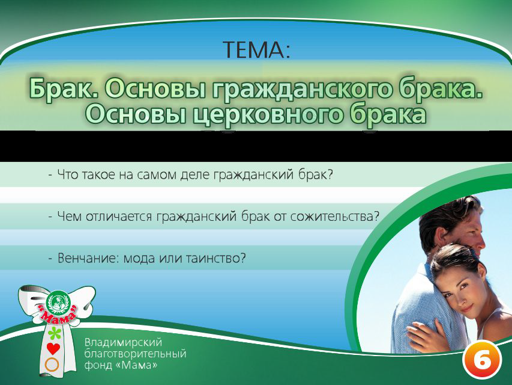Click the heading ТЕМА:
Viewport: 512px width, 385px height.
(256, 49)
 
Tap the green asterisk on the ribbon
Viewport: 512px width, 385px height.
(55, 332)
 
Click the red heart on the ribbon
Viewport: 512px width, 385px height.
(53, 348)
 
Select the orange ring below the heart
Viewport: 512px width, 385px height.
(53, 364)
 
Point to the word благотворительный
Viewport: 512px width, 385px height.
(135, 353)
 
